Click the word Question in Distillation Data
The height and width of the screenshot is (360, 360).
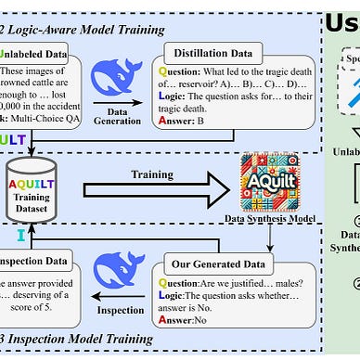191,74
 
